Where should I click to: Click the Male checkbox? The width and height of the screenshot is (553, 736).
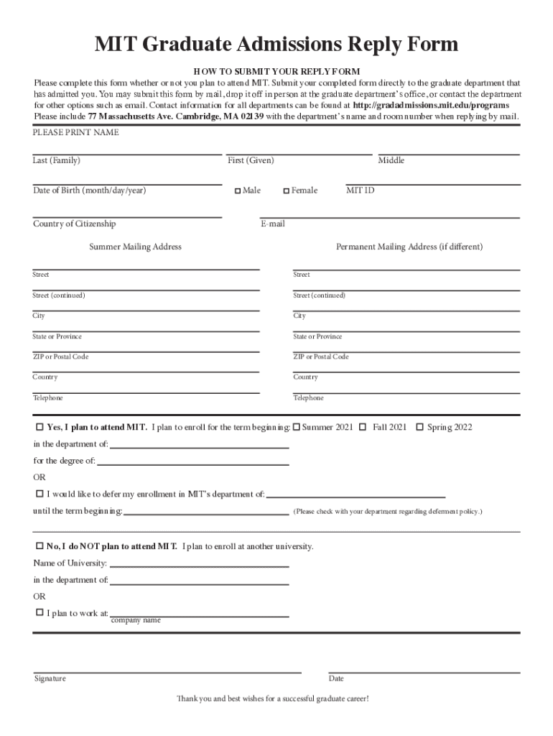pyautogui.click(x=238, y=191)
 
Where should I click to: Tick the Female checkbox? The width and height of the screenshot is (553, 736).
pyautogui.click(x=286, y=191)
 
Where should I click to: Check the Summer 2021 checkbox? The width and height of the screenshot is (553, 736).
pyautogui.click(x=296, y=427)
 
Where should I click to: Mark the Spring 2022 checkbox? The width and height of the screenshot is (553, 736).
pyautogui.click(x=419, y=427)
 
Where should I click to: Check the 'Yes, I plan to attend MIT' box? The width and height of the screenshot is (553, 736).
pyautogui.click(x=39, y=427)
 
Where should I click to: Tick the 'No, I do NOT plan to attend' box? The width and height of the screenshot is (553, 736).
pyautogui.click(x=39, y=546)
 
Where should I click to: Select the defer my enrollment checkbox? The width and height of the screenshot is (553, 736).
pyautogui.click(x=39, y=494)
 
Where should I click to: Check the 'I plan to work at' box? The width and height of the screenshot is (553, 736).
pyautogui.click(x=39, y=613)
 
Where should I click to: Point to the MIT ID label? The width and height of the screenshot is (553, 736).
pyautogui.click(x=360, y=190)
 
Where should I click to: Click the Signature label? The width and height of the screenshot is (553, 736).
pyautogui.click(x=50, y=678)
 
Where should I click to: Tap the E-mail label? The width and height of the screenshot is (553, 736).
pyautogui.click(x=272, y=224)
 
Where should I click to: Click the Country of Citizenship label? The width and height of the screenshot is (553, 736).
pyautogui.click(x=74, y=224)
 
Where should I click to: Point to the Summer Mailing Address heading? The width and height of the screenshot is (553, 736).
pyautogui.click(x=135, y=247)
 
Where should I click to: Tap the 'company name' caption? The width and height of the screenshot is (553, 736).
pyautogui.click(x=136, y=620)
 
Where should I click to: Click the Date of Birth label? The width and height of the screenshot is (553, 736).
pyautogui.click(x=89, y=190)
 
